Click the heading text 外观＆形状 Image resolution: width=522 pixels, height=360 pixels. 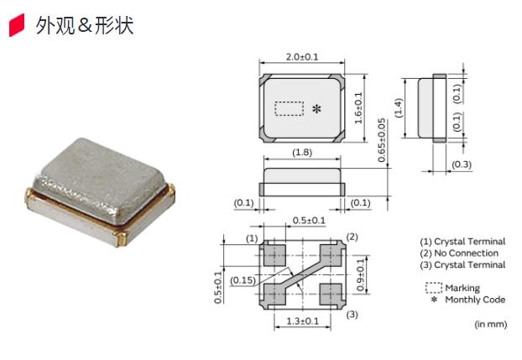[x=84, y=26]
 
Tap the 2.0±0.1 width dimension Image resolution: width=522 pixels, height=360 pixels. [x=302, y=57]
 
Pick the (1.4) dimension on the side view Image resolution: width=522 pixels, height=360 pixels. [x=399, y=107]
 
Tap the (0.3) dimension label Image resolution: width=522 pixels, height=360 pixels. [x=462, y=164]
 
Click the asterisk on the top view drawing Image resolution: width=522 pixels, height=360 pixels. [x=316, y=110]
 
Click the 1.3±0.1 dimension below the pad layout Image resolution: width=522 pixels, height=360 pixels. [x=301, y=321]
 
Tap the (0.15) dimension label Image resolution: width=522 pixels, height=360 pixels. [x=243, y=279]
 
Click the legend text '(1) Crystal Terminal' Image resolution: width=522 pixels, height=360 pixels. [x=462, y=242]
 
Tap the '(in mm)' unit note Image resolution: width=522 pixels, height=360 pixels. [x=490, y=323]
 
